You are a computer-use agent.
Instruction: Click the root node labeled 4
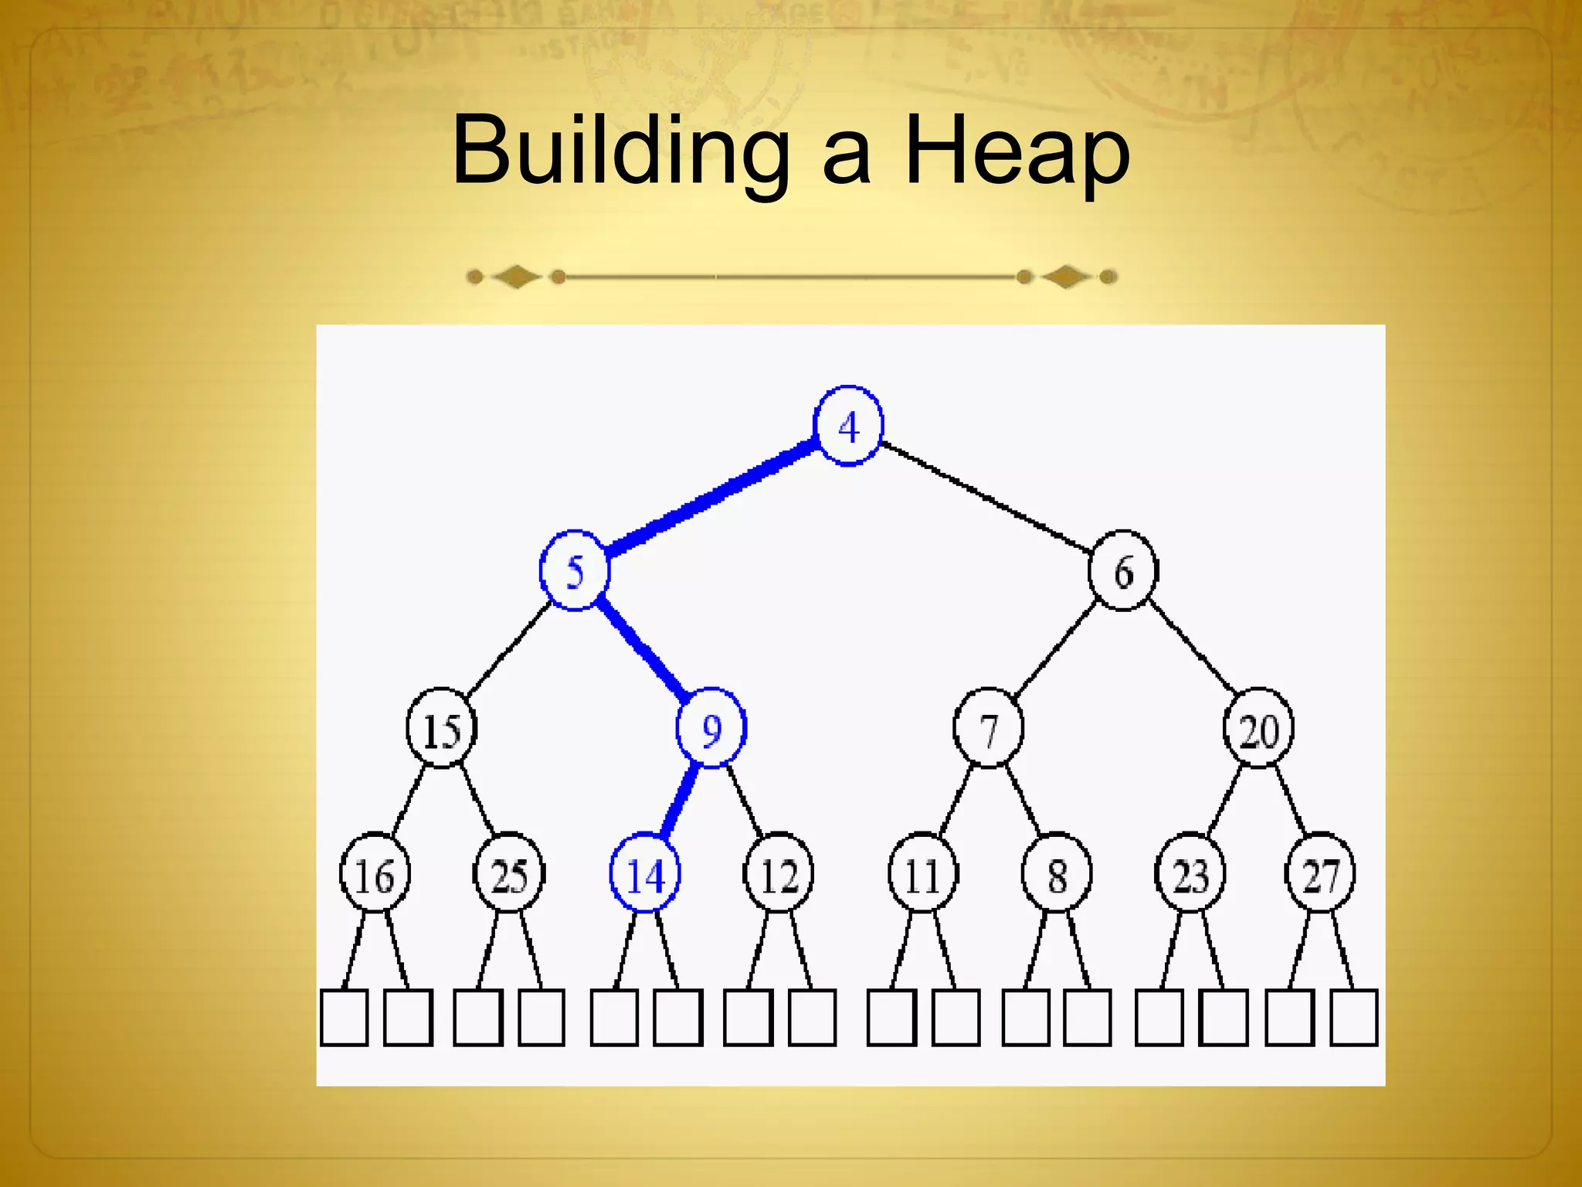[x=848, y=426]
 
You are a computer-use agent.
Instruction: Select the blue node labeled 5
[x=575, y=571]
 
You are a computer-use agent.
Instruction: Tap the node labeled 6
[x=1123, y=571]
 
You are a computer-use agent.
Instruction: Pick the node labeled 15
[x=442, y=729]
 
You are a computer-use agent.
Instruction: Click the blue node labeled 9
[x=711, y=729]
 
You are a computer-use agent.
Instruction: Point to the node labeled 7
[x=989, y=729]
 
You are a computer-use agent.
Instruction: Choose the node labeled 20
[x=1258, y=729]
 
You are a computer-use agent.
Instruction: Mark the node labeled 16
[x=375, y=874]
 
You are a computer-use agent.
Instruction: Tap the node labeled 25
[x=509, y=874]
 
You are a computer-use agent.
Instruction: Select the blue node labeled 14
[x=645, y=874]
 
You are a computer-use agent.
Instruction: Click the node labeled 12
[x=779, y=874]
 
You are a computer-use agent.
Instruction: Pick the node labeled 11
[x=922, y=874]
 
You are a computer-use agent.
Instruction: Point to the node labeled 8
[x=1057, y=874]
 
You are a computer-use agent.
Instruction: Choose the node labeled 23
[x=1190, y=874]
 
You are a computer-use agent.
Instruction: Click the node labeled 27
[x=1320, y=874]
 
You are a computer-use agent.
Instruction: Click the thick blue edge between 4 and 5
[x=711, y=496]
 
